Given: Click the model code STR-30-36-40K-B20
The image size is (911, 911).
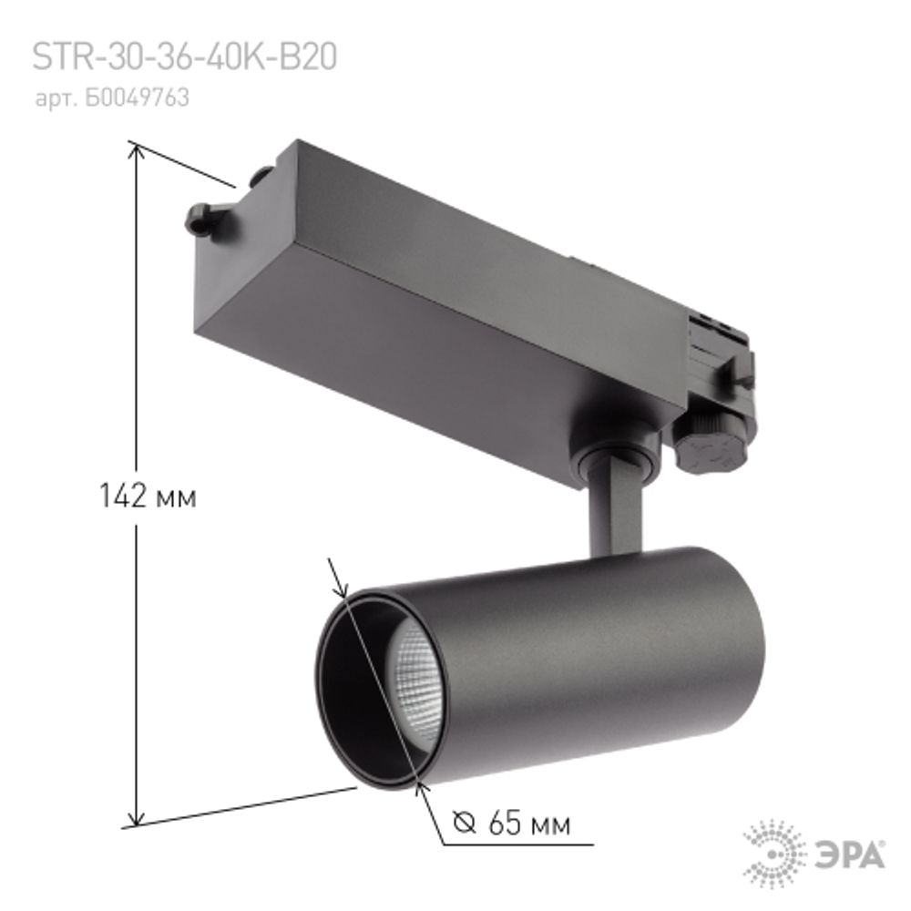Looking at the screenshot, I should coord(185,57).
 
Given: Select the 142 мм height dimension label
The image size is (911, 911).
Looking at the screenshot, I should coord(148,496).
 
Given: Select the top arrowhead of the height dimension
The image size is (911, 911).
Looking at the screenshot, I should coord(138,151).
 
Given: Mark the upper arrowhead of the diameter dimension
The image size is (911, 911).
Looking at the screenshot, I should coord(342,588).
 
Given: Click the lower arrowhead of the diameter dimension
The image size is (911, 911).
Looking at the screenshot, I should coord(419,786).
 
